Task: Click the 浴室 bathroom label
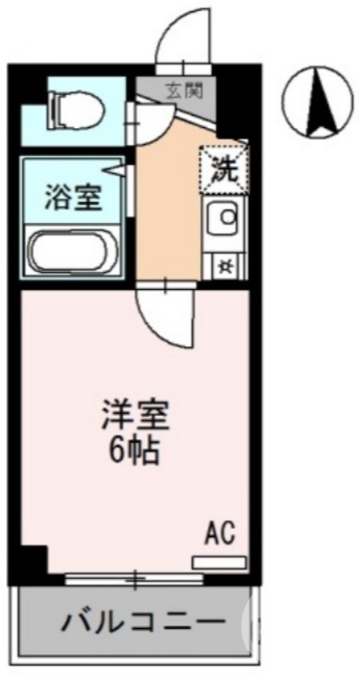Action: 74,199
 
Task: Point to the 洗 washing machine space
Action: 224,169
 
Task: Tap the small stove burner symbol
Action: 226,264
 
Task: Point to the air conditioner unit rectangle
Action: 219,562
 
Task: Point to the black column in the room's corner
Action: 32,560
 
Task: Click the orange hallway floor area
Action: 169,212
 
